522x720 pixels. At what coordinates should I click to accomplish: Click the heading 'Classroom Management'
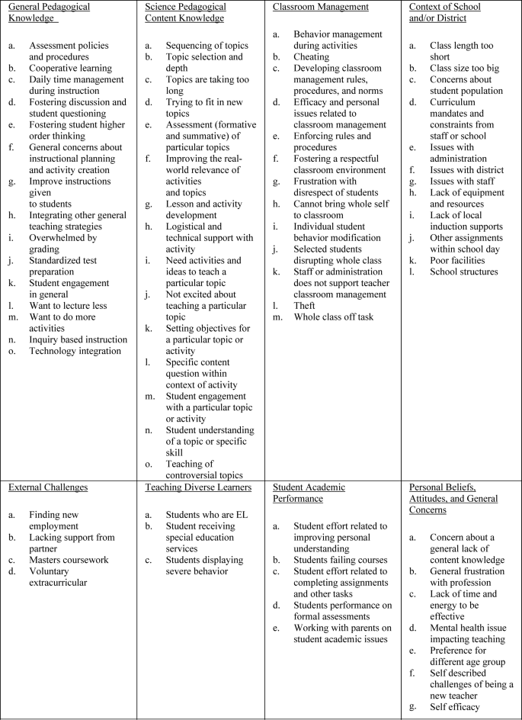click(x=320, y=7)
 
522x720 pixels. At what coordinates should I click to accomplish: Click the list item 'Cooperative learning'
click(x=70, y=68)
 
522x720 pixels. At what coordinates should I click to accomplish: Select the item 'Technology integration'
click(x=75, y=350)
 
